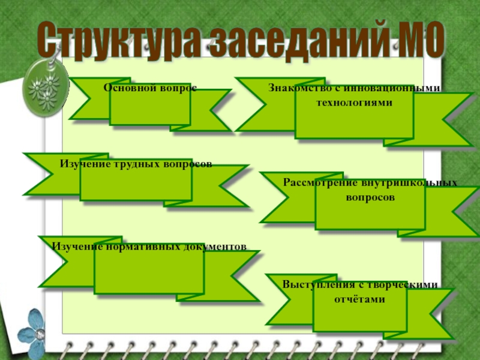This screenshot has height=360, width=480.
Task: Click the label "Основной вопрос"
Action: pos(150,88)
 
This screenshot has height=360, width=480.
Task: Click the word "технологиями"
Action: pos(354,103)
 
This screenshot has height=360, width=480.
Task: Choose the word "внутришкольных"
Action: pos(407,182)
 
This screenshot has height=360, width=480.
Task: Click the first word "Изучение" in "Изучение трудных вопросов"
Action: pos(81,164)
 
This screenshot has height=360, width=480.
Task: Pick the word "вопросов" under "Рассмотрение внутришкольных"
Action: pos(370,196)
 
